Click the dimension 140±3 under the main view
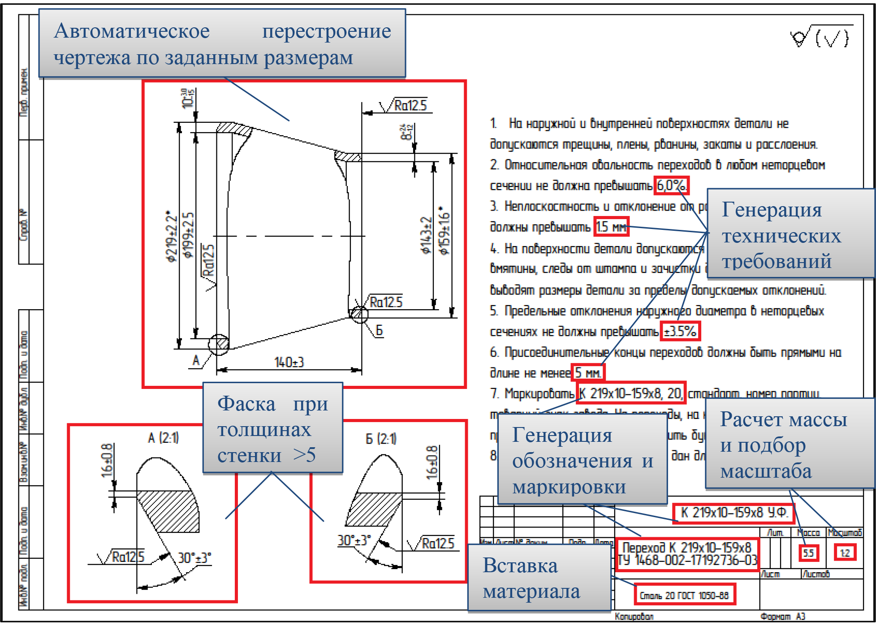[x=289, y=362]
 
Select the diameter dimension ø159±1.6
[x=444, y=231]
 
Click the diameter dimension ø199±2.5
[x=189, y=235]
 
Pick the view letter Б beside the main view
[x=379, y=331]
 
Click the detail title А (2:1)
[x=164, y=438]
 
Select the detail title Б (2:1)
[x=381, y=439]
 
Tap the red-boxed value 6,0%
[x=671, y=185]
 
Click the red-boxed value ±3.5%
[x=680, y=332]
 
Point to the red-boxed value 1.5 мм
[x=611, y=227]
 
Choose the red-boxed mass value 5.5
[x=808, y=553]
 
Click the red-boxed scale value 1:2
[x=845, y=553]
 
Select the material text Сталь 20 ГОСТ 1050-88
[x=684, y=595]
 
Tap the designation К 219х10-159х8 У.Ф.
[x=734, y=513]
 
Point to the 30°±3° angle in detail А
[x=194, y=558]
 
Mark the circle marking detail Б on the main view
[x=359, y=314]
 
